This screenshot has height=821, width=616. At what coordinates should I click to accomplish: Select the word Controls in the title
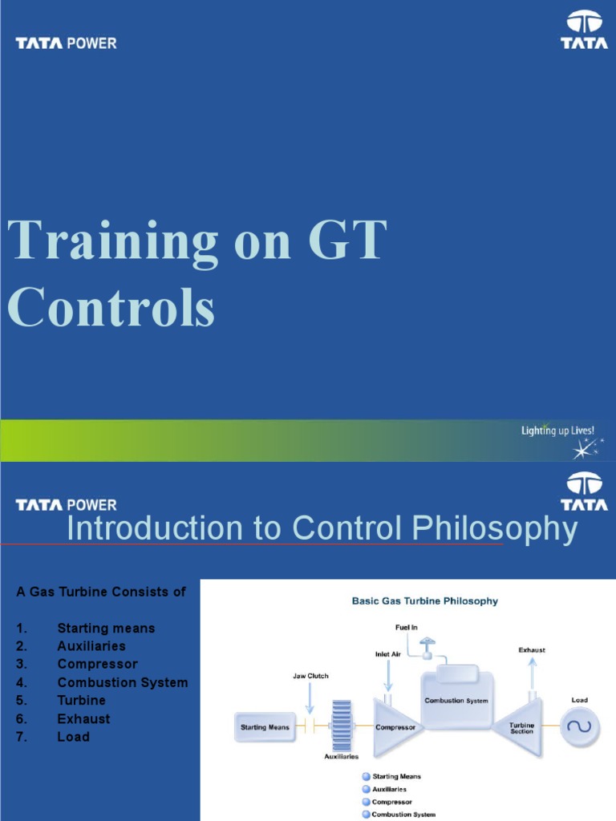111,308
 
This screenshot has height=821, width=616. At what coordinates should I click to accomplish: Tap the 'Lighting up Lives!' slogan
557,431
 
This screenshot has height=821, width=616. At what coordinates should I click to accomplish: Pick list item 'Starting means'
106,628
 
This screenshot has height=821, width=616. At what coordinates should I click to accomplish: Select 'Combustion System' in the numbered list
123,682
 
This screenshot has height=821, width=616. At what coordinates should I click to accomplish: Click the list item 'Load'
74,737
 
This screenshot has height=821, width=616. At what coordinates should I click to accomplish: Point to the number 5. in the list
22,701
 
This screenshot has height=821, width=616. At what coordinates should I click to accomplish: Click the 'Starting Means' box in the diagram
265,727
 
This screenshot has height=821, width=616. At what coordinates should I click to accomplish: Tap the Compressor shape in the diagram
395,727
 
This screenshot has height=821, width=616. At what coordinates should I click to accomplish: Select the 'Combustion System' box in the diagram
456,700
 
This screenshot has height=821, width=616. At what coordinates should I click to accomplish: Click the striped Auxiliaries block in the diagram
342,726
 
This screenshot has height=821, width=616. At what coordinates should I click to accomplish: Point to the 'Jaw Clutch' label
310,676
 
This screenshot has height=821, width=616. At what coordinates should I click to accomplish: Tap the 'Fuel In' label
407,627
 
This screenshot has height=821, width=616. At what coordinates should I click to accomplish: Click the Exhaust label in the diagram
532,649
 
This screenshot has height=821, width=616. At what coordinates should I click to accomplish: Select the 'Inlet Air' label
389,653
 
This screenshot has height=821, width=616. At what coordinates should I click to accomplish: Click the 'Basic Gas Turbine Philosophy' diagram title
425,601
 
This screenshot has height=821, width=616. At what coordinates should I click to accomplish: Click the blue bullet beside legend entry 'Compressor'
366,802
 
